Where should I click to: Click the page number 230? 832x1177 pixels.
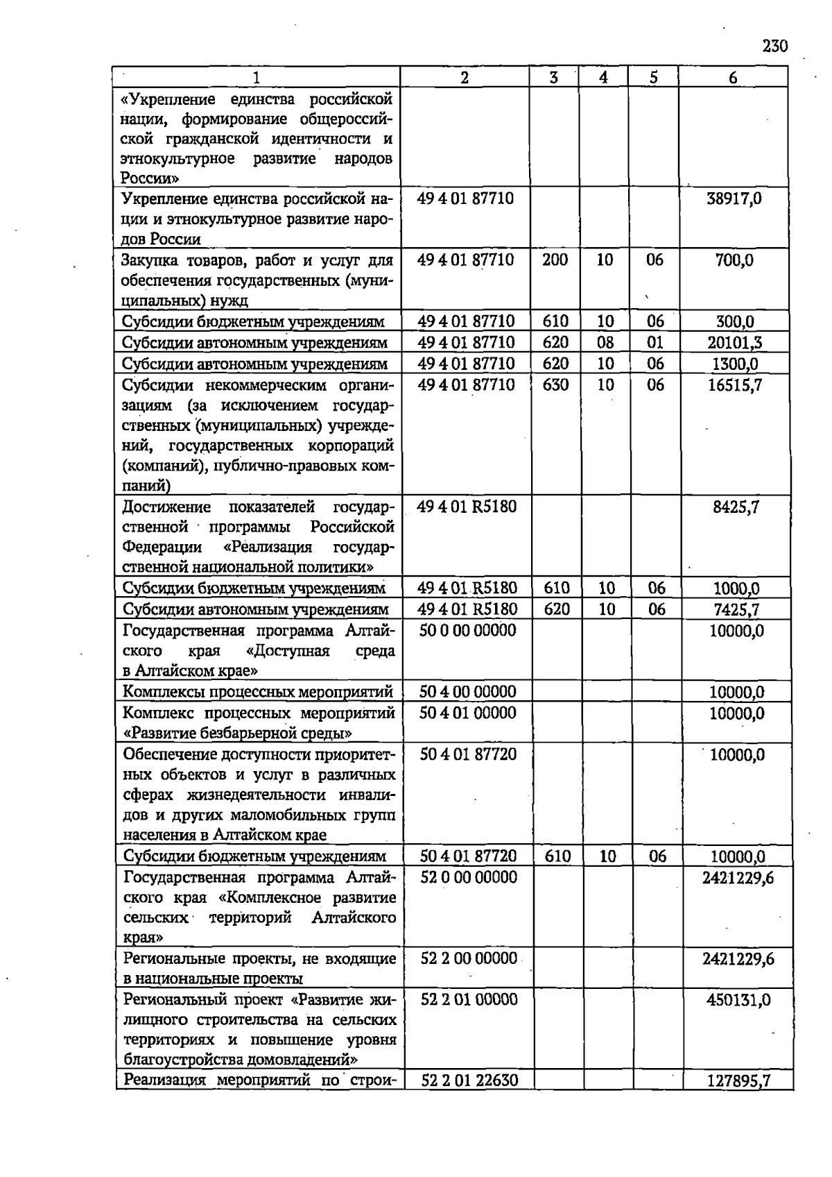(x=774, y=46)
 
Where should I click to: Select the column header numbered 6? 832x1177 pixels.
(x=733, y=78)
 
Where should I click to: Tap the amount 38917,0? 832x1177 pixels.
(x=734, y=198)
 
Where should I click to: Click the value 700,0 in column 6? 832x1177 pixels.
(x=734, y=260)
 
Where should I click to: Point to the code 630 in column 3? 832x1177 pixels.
(x=555, y=384)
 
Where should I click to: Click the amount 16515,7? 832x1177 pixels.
(x=735, y=385)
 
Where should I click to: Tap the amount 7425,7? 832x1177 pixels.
(x=736, y=609)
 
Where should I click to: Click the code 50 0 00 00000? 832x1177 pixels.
(x=467, y=630)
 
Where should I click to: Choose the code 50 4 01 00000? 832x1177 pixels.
(x=467, y=713)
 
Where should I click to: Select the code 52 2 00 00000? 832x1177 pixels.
(x=469, y=958)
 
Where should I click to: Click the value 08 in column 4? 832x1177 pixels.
(x=605, y=342)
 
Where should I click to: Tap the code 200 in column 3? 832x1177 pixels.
(x=555, y=260)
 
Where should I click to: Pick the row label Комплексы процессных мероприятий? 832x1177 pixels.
(x=258, y=692)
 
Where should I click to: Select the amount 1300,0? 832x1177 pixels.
(x=735, y=364)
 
